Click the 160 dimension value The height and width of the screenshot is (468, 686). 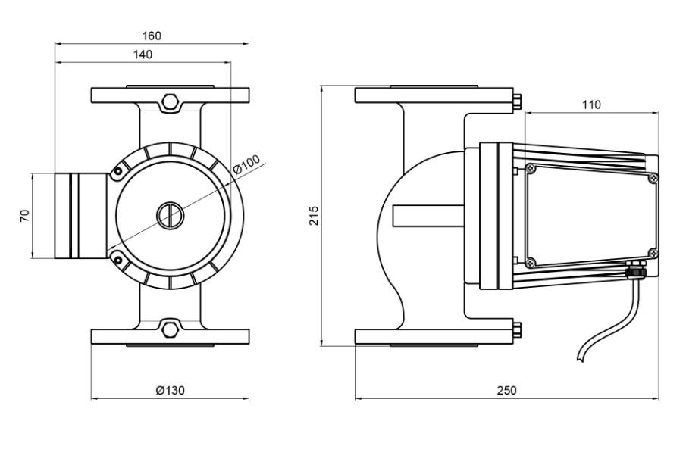click(152, 36)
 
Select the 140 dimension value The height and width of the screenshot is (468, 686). click(142, 55)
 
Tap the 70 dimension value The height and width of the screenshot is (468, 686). click(25, 216)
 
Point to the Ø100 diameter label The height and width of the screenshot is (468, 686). click(246, 164)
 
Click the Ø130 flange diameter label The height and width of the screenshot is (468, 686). click(170, 390)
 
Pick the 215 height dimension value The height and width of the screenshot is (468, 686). click(314, 216)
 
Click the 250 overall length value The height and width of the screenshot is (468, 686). click(506, 390)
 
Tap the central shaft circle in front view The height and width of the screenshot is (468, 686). click(171, 216)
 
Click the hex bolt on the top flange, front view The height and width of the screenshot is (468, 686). click(171, 102)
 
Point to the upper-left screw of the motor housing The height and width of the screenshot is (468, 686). click(117, 172)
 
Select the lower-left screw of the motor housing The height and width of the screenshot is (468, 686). click(117, 260)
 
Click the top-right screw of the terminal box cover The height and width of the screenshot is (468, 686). click(653, 178)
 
